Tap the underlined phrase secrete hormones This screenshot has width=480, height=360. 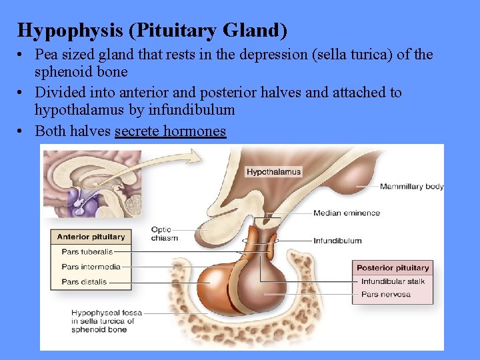170,131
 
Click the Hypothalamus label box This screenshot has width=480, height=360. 273,172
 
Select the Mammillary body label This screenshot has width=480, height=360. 411,187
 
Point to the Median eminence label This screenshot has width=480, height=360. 347,213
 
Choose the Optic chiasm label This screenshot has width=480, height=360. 164,234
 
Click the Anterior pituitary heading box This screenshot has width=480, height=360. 91,237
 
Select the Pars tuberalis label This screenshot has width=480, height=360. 87,252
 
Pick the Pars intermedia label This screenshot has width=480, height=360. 91,267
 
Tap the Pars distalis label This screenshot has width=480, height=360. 84,282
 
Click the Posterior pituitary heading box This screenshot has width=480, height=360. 393,268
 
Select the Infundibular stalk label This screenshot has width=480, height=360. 393,281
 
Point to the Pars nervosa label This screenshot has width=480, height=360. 385,294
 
